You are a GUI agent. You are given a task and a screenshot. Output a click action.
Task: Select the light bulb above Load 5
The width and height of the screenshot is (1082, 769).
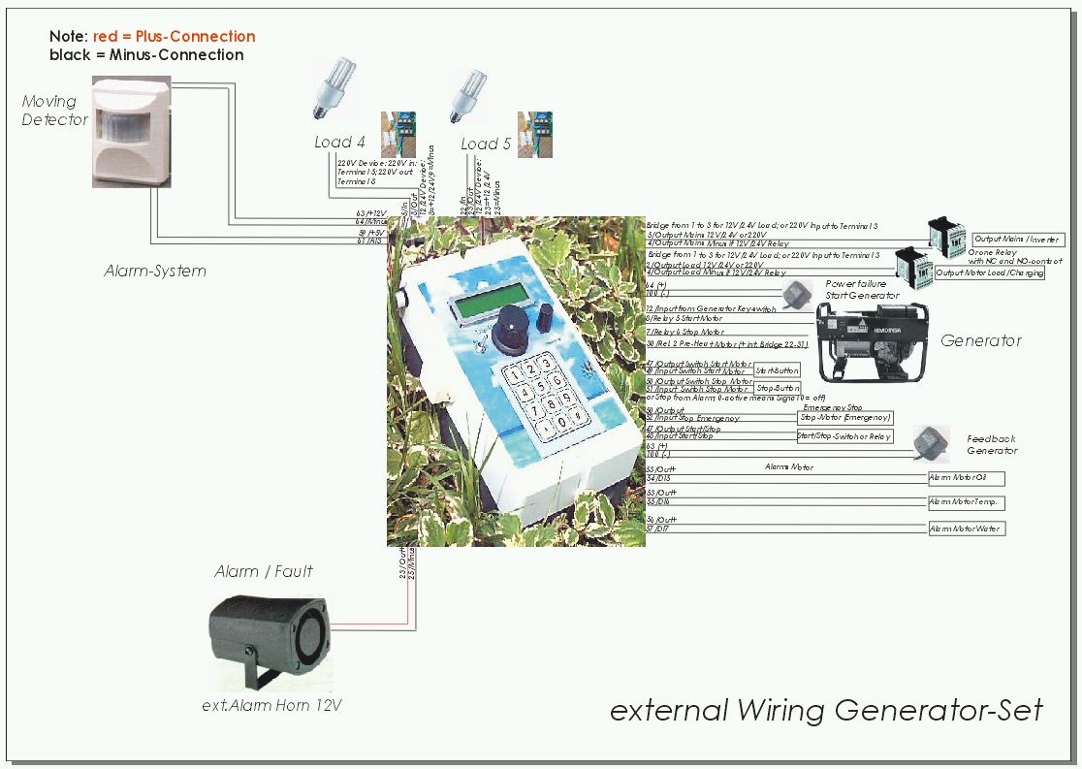tap(468, 94)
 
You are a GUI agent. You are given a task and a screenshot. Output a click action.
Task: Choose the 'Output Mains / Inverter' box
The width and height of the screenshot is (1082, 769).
tap(1017, 240)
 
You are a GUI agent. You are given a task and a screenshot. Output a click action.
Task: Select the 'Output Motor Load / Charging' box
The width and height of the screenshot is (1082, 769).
tap(989, 272)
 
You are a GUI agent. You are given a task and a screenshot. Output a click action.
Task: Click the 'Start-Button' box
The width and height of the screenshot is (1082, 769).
tap(777, 370)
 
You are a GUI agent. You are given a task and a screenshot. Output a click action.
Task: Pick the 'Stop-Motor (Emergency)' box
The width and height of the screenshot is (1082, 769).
tap(844, 417)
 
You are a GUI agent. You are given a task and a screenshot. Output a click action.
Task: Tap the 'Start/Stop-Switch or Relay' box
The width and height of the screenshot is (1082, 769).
tap(843, 436)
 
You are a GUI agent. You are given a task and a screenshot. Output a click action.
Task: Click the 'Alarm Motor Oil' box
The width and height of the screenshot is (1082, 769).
tap(966, 478)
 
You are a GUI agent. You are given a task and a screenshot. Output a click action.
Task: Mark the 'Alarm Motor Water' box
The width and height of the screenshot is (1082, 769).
tap(966, 529)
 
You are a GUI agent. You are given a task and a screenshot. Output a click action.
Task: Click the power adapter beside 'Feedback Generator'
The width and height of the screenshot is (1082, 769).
tap(931, 442)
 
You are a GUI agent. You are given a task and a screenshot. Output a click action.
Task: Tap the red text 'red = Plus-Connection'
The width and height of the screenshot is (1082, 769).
tap(175, 37)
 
